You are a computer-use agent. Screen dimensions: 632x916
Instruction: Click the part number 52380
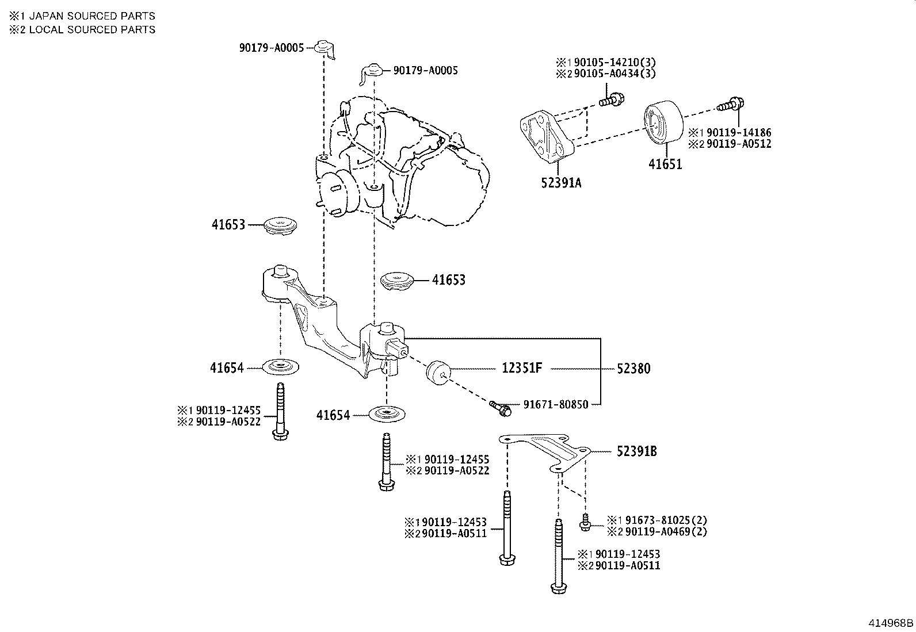(633, 369)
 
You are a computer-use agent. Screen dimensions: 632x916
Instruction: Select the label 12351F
(522, 368)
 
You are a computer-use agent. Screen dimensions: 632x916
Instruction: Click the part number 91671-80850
(555, 404)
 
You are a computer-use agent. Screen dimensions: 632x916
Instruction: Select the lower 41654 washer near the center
(387, 413)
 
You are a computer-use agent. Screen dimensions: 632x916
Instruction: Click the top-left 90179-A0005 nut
(325, 48)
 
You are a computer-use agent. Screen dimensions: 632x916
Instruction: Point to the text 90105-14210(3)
(612, 62)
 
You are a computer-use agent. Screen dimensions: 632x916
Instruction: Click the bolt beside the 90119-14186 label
(731, 105)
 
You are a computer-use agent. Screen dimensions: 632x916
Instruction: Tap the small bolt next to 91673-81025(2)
(585, 523)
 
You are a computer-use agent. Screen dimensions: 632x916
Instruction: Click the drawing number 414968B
(891, 623)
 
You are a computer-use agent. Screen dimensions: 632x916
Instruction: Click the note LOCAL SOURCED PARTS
(91, 29)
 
